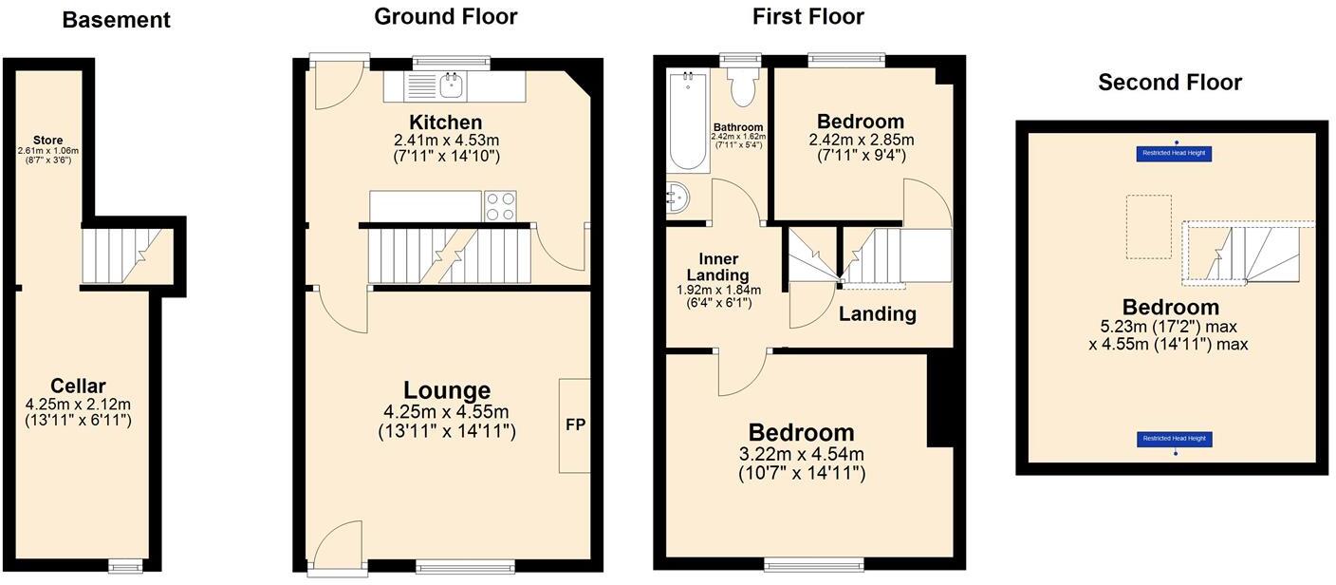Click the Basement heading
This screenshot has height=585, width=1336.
pos(116,20)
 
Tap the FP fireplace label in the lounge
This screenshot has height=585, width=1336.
pos(575,425)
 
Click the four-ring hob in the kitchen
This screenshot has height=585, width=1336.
pos(500,206)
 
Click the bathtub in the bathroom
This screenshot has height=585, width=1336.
pos(687,121)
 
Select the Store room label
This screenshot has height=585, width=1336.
pos(47,141)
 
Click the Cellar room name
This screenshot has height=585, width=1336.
pos(78,387)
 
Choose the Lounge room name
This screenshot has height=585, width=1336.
pos(446,390)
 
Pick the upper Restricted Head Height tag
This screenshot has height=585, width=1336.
pos(1175,153)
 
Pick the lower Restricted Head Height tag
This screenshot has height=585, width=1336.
pos(1175,439)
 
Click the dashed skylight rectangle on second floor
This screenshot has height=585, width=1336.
pos(1148,226)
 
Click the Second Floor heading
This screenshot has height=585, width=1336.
pos(1170,83)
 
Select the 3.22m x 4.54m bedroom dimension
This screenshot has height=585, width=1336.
pos(802,455)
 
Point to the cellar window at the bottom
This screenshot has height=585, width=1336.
pos(125,566)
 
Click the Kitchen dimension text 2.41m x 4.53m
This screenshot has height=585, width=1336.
pos(446,140)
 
